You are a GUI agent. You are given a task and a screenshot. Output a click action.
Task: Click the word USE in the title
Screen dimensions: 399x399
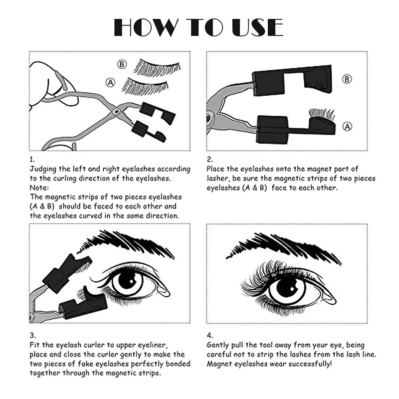click(257, 27)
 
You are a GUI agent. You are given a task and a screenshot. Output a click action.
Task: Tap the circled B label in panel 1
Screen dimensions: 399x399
click(122, 64)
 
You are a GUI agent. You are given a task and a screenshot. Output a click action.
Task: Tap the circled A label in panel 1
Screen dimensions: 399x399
click(110, 82)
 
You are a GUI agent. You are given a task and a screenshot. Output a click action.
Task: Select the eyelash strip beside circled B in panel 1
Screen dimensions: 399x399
click(157, 68)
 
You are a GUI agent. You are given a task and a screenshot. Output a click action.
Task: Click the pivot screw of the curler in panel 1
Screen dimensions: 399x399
click(117, 111)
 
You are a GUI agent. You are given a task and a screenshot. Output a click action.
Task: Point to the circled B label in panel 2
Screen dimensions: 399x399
click(347, 79)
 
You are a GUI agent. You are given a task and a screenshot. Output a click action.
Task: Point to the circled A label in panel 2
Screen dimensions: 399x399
click(347, 127)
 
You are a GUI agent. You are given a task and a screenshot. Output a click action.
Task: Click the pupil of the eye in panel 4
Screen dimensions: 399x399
click(287, 287)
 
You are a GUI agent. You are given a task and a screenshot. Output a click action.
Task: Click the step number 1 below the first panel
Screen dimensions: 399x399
click(32, 160)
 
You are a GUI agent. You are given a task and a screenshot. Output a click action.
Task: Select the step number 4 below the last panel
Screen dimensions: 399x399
click(209, 335)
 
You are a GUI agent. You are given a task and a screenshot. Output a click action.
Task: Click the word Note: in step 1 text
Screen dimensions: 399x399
click(39, 188)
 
